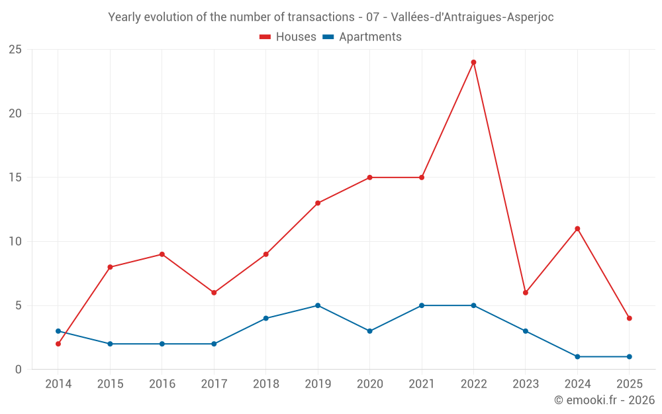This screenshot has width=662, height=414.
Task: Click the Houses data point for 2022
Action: coord(473,62)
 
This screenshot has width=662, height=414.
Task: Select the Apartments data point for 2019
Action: coord(318,305)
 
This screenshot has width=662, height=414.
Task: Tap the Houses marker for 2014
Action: coord(58,344)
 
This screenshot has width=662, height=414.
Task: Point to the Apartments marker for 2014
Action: coord(58,331)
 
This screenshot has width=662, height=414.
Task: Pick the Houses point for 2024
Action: coord(577,229)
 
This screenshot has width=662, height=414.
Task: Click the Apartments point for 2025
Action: coord(629,356)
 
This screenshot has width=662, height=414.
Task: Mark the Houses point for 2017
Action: coord(214,293)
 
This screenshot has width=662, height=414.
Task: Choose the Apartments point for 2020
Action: coord(369,331)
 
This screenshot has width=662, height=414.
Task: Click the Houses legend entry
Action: coord(288,37)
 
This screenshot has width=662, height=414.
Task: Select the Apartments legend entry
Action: coord(362,37)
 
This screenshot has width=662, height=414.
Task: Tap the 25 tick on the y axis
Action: coord(15,50)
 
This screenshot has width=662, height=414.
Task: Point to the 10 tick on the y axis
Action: coord(15,242)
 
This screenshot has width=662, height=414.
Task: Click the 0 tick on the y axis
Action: coord(19,370)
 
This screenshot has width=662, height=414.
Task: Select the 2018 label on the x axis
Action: coord(265,384)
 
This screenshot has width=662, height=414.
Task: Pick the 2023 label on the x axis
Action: coord(525,384)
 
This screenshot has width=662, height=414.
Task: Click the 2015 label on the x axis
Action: coord(110,384)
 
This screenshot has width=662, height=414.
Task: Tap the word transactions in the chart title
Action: coord(321,17)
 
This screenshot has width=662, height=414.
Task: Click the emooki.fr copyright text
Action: coord(604,400)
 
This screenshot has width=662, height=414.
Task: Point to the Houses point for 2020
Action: coord(369,178)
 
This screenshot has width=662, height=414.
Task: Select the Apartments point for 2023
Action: coord(525,331)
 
